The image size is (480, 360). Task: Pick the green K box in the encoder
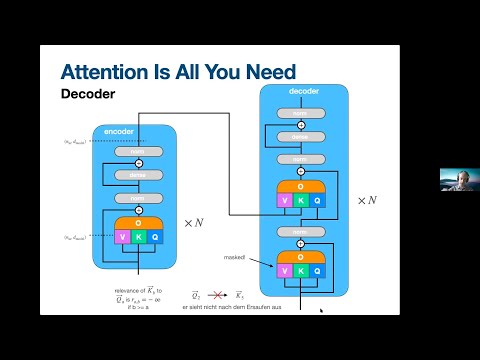(x=139, y=237)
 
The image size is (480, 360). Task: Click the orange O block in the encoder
(x=139, y=223)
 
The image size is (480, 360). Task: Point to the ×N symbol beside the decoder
(x=368, y=200)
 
